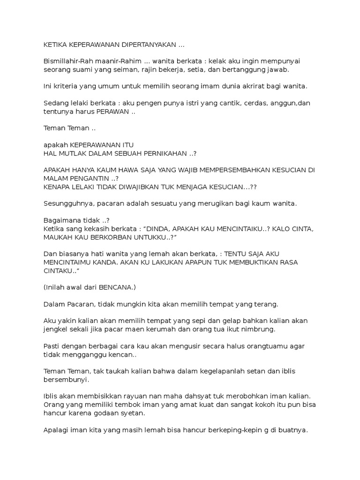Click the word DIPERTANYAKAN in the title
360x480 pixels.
coord(148,45)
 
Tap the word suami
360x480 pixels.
coord(83,69)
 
